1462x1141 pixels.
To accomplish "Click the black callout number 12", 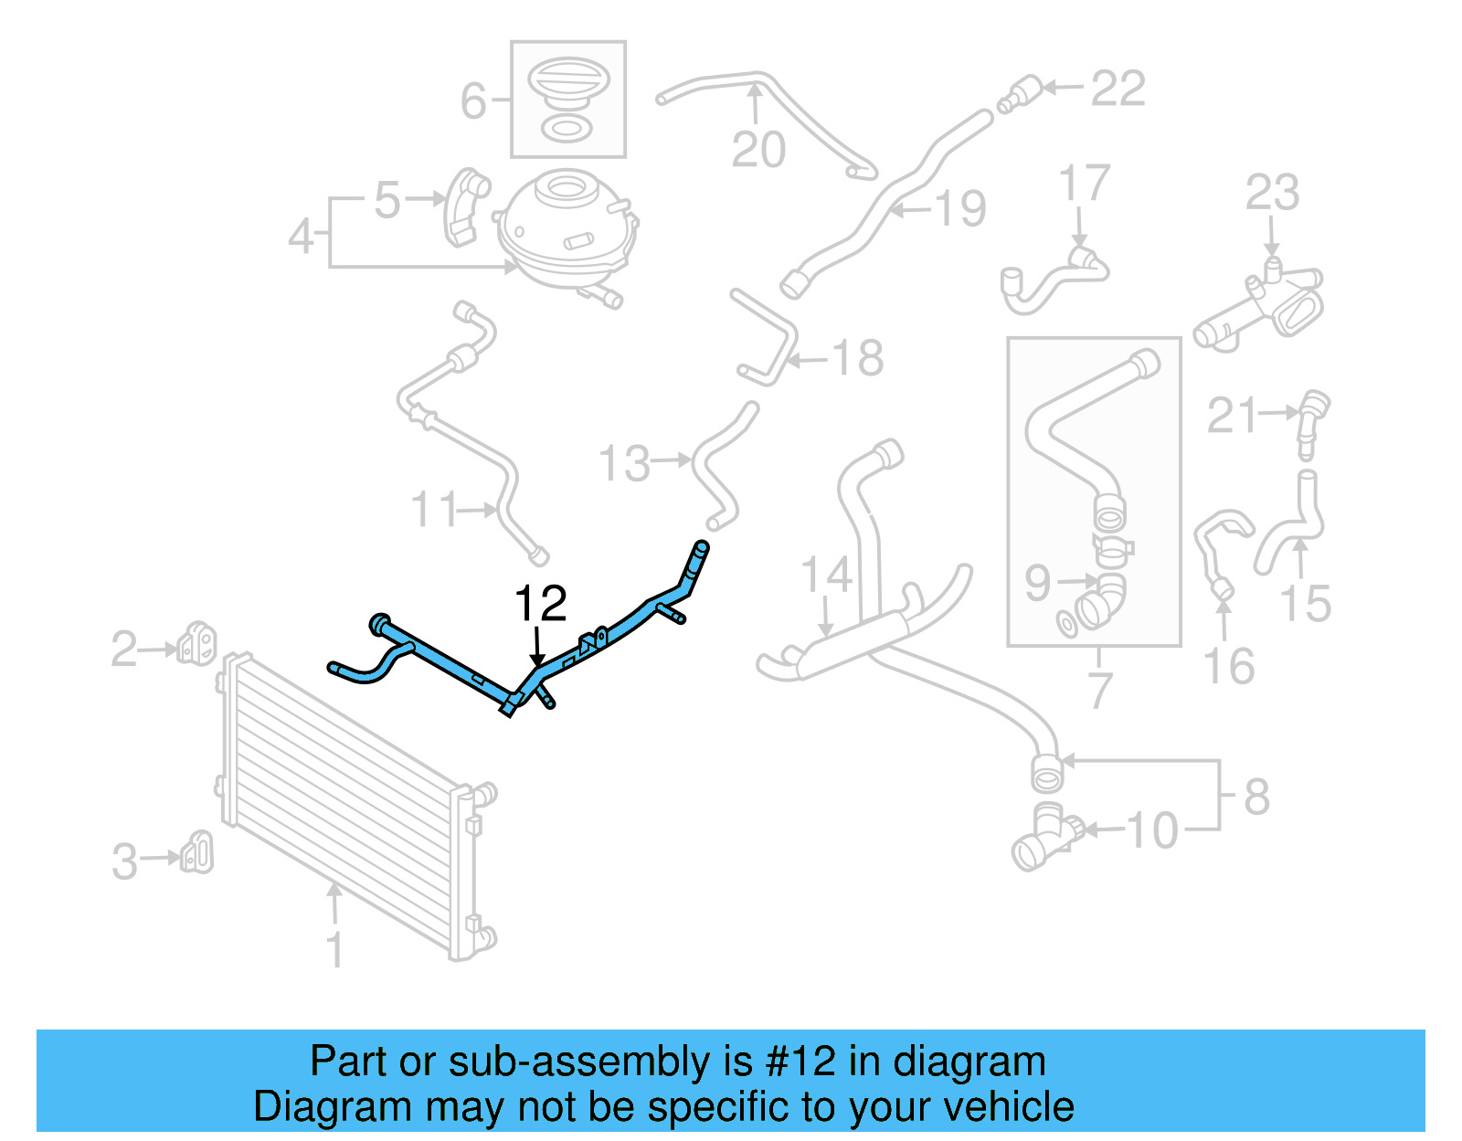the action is (541, 604).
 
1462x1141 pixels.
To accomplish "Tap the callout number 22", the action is (1118, 89).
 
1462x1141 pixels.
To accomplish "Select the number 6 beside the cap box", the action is (473, 100).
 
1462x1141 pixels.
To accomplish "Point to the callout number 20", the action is (758, 149).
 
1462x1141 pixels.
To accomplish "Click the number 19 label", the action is (960, 208).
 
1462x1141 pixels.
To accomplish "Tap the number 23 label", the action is (1272, 193).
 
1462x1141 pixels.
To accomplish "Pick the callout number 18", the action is (857, 358).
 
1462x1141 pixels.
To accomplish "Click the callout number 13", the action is (625, 463).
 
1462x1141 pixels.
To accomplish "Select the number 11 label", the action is (433, 509).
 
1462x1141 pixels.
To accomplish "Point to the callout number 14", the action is (827, 576).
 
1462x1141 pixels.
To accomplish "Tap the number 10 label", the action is (1152, 830).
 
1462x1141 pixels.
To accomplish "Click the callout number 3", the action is (125, 861).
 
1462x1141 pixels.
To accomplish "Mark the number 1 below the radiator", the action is (335, 949).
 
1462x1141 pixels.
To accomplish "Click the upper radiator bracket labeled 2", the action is (196, 644).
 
